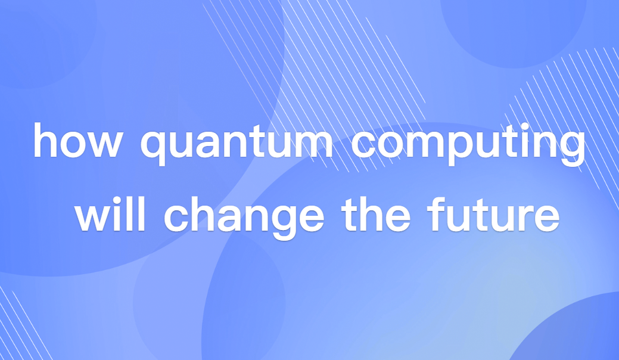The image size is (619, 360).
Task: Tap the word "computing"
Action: pos(467,143)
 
